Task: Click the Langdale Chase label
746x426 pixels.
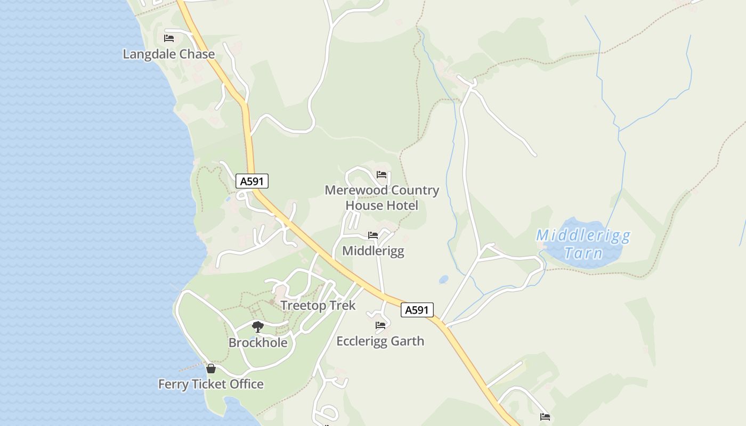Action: pyautogui.click(x=168, y=54)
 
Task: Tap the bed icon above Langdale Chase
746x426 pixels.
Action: pyautogui.click(x=169, y=38)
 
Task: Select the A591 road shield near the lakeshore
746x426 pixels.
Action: pyautogui.click(x=252, y=181)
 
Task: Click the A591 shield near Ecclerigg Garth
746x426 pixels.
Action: pyautogui.click(x=417, y=310)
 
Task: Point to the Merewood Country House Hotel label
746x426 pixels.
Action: pyautogui.click(x=382, y=198)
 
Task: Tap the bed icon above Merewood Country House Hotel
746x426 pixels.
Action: pyautogui.click(x=381, y=175)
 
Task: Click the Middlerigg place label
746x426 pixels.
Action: pyautogui.click(x=373, y=251)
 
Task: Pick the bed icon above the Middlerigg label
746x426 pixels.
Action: pyautogui.click(x=372, y=235)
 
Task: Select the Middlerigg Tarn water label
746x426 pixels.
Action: pyautogui.click(x=583, y=243)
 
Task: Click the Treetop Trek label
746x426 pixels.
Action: pyautogui.click(x=318, y=306)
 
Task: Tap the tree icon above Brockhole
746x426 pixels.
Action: pyautogui.click(x=258, y=326)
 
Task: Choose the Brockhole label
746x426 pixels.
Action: pyautogui.click(x=258, y=342)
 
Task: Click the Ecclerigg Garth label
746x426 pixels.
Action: pyautogui.click(x=380, y=341)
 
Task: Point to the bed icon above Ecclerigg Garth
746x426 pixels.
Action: pyautogui.click(x=380, y=325)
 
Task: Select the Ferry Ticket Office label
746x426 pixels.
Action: pyautogui.click(x=211, y=384)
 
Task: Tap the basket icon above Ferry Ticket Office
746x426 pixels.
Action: pyautogui.click(x=211, y=368)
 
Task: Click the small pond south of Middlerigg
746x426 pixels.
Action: pyautogui.click(x=443, y=280)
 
